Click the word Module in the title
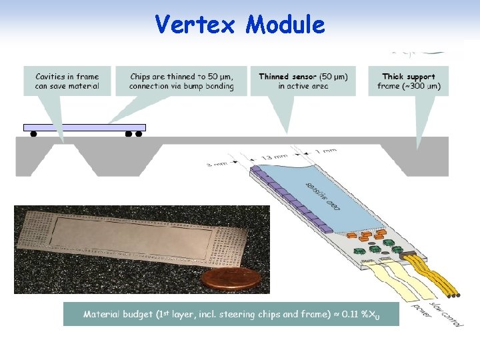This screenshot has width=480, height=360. tap(285, 25)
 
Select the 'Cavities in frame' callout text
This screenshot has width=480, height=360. tap(67, 81)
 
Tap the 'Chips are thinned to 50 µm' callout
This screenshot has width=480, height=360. tap(181, 81)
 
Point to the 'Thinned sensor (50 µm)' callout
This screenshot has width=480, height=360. tap(303, 81)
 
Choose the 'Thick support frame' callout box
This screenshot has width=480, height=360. tap(408, 81)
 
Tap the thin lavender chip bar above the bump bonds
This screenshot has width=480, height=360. tap(85, 127)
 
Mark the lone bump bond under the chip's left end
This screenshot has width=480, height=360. tap(33, 134)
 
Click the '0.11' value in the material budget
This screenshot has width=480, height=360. tap(351, 313)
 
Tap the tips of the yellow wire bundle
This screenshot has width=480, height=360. tap(454, 295)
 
